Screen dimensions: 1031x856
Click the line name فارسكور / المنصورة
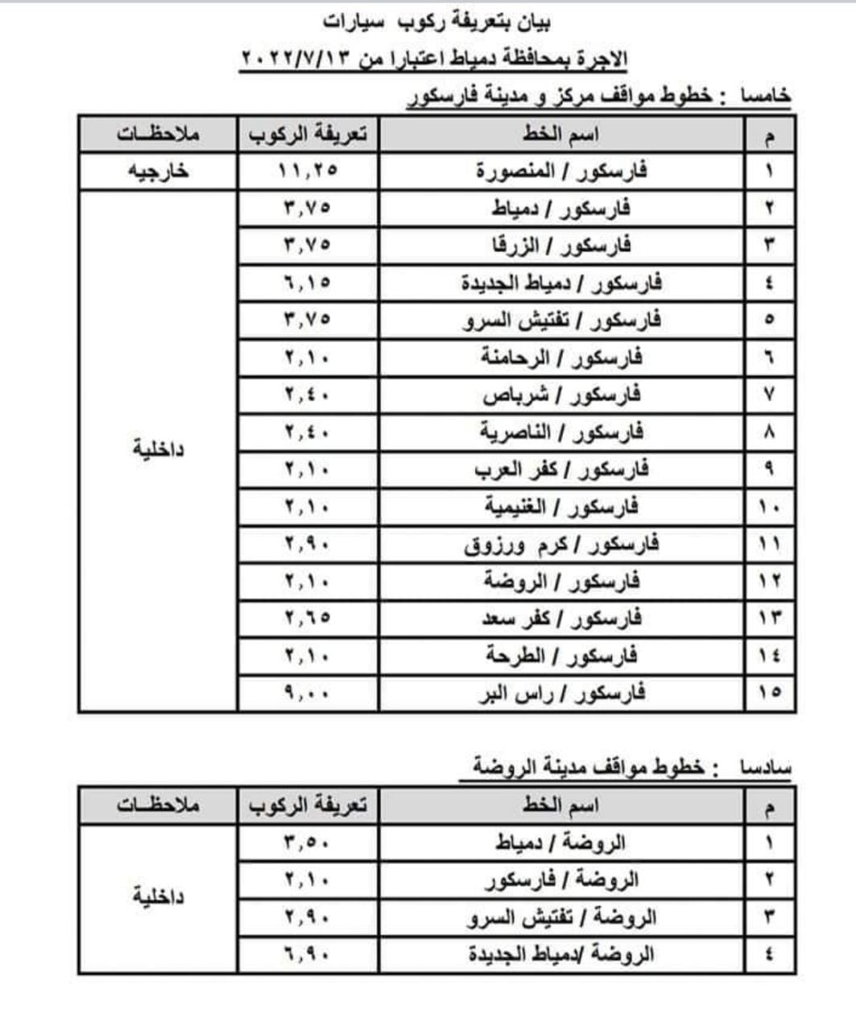coord(561,172)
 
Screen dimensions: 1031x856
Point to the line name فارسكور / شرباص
coord(561,395)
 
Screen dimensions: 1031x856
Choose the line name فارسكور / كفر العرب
coord(561,470)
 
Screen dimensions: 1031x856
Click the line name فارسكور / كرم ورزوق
coord(561,544)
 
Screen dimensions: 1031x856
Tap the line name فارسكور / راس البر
coord(561,693)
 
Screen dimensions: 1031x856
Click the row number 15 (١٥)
coord(769,693)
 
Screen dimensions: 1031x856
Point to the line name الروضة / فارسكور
coord(561,880)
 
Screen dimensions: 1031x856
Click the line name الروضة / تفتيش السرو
coord(561,917)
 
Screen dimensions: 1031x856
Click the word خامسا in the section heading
coord(766,97)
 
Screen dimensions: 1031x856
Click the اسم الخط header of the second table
coord(561,805)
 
